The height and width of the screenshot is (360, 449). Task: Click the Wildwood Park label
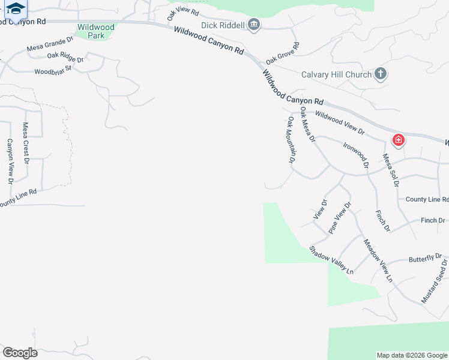click(x=95, y=31)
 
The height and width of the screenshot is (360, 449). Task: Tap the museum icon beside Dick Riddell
click(x=254, y=25)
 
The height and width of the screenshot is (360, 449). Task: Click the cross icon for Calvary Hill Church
click(x=380, y=74)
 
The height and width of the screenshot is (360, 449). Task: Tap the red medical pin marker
click(x=398, y=141)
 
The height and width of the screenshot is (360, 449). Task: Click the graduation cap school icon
click(x=16, y=8)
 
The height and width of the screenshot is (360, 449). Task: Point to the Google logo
click(x=20, y=353)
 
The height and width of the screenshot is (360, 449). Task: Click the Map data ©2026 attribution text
click(x=411, y=355)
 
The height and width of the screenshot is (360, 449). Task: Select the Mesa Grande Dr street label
click(x=50, y=44)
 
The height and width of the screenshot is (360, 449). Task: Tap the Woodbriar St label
click(x=53, y=70)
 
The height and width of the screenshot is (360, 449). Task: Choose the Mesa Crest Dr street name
click(x=26, y=143)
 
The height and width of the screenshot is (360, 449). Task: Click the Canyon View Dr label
click(x=10, y=161)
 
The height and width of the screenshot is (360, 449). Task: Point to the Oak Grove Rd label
click(x=283, y=53)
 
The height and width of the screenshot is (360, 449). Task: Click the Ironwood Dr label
click(x=355, y=154)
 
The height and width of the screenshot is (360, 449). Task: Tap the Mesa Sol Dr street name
click(x=391, y=170)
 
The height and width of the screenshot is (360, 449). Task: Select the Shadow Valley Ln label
click(x=331, y=260)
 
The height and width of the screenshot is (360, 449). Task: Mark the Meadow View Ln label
click(x=378, y=261)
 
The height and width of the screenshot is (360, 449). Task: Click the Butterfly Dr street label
click(x=425, y=259)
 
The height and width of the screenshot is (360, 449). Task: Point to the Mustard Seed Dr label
click(x=435, y=281)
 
